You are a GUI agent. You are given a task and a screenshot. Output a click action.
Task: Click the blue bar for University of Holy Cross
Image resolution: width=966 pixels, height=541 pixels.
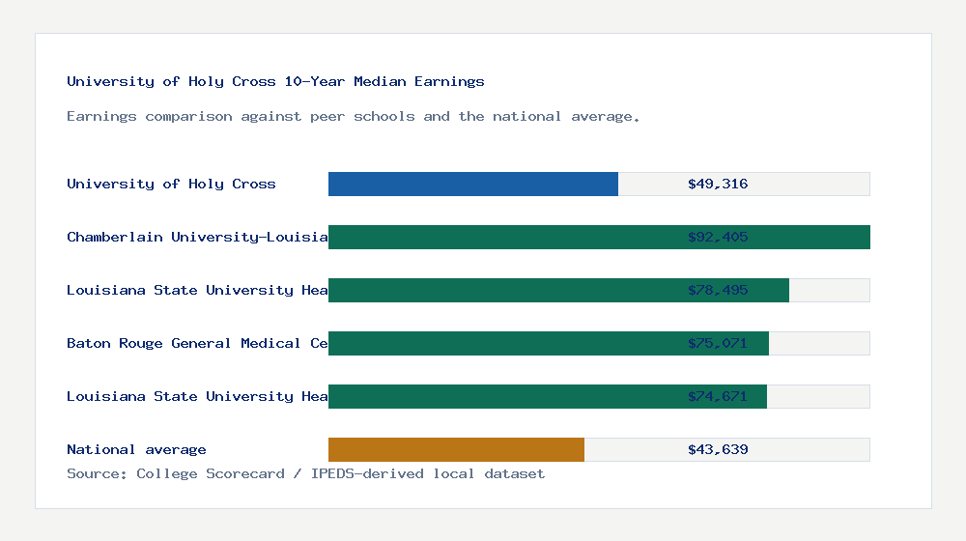tap(473, 184)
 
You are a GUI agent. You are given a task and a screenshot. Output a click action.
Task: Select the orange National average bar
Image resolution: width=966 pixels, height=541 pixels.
tap(456, 449)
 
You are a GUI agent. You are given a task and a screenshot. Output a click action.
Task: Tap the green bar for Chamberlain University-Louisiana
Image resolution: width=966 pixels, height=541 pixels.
tap(502, 237)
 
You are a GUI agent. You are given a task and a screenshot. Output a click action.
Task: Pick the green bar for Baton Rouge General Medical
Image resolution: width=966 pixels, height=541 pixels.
tap(502, 343)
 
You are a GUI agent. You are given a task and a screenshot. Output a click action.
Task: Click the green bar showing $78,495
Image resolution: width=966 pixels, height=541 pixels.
tap(502, 290)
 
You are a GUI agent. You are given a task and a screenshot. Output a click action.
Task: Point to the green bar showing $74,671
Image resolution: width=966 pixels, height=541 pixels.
tap(502, 396)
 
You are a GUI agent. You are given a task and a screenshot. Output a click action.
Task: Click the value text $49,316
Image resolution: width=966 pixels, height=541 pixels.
tap(718, 184)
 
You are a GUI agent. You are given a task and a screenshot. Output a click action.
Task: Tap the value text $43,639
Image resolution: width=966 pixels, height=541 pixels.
tap(718, 449)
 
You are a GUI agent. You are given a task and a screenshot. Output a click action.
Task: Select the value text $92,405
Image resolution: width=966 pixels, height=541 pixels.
tap(718, 237)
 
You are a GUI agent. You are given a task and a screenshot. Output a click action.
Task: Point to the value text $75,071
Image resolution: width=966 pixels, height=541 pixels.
tap(718, 343)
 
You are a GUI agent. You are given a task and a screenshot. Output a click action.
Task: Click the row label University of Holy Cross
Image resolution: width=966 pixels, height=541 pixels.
tap(171, 184)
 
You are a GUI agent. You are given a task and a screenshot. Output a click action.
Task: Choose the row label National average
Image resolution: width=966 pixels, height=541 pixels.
tap(136, 449)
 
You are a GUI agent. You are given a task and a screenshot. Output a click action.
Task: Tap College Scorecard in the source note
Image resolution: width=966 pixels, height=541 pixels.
tap(211, 473)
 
